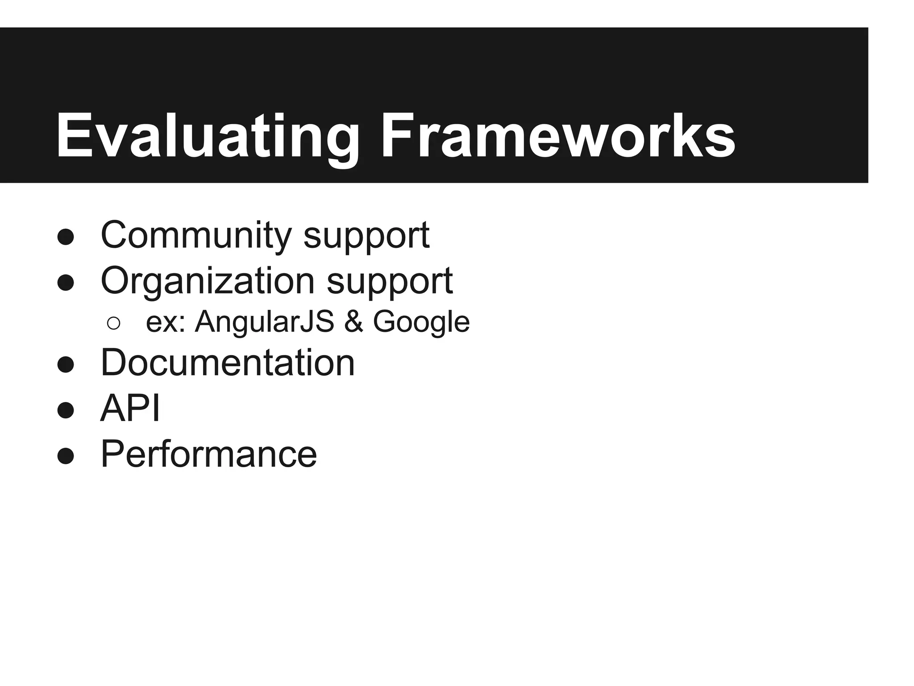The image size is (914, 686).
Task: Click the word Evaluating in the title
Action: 207,136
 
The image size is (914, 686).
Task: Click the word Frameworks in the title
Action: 557,136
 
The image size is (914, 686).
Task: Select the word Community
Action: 196,235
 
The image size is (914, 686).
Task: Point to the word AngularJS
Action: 264,322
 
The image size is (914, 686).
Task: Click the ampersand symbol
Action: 353,322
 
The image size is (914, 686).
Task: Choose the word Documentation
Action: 228,363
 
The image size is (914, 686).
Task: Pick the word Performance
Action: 208,454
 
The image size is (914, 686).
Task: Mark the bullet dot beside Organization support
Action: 66,283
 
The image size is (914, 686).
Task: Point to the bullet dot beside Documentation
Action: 66,364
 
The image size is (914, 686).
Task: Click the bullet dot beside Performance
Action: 66,456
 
